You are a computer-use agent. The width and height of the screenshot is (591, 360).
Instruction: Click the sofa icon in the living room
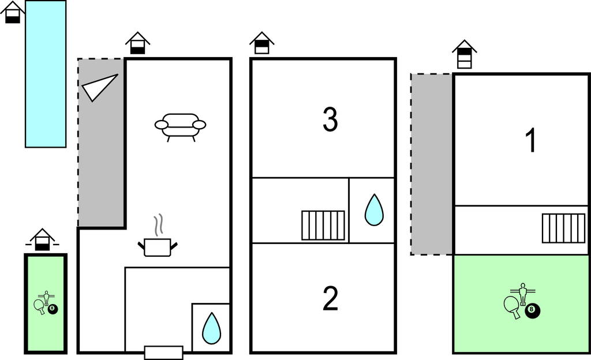pos(180,125)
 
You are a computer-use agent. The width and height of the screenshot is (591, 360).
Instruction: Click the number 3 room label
pos(330,120)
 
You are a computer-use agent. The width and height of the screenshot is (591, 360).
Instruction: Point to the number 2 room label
pos(330,299)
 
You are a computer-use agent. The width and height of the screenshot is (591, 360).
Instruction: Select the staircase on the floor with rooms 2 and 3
pos(323,225)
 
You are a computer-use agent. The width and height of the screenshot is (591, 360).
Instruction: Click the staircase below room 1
pos(563,228)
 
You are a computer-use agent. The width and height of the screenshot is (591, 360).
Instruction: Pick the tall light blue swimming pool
pos(46,74)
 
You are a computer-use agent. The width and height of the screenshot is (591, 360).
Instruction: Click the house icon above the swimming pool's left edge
pos(13,13)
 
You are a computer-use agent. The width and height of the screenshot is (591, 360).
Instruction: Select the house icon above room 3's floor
pos(261,43)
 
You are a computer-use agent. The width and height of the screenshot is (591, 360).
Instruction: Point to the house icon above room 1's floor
pos(465,54)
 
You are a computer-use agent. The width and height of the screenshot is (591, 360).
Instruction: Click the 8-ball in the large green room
pos(532,311)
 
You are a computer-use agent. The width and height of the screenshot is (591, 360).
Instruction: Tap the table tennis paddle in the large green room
pos(512,305)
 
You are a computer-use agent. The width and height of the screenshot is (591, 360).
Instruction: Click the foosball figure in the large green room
pos(523,294)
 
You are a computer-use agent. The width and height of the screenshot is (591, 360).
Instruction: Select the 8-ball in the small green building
pos(53,309)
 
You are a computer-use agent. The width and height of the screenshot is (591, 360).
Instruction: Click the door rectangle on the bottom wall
pos(163,352)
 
